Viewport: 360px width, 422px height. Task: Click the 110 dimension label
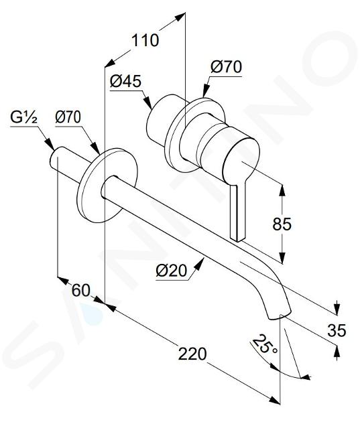pyautogui.click(x=145, y=41)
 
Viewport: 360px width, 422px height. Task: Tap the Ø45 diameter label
pyautogui.click(x=125, y=81)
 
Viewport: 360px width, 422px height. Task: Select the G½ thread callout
pyautogui.click(x=23, y=117)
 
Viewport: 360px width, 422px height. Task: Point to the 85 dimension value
pyautogui.click(x=282, y=224)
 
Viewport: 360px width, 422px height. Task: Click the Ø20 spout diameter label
pyautogui.click(x=171, y=270)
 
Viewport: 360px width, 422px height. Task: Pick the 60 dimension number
pyautogui.click(x=80, y=291)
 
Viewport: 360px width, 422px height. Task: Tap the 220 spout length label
pyautogui.click(x=192, y=354)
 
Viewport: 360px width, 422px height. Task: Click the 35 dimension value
pyautogui.click(x=337, y=330)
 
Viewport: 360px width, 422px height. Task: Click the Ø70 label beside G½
pyautogui.click(x=68, y=117)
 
